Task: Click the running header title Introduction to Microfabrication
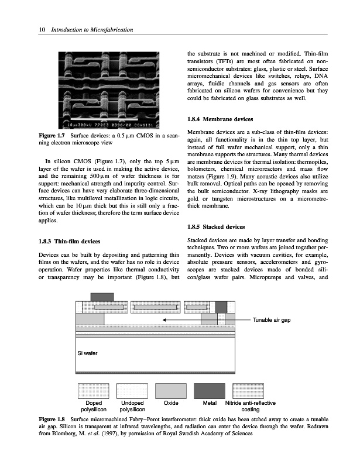(x=91, y=30)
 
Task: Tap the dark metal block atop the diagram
(x=102, y=296)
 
